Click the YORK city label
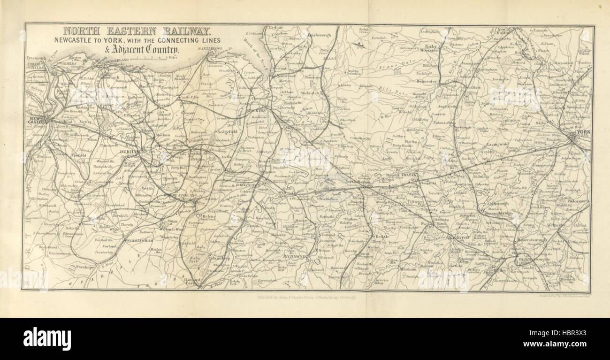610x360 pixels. click(584, 132)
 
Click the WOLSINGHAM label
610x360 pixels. click(140, 240)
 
